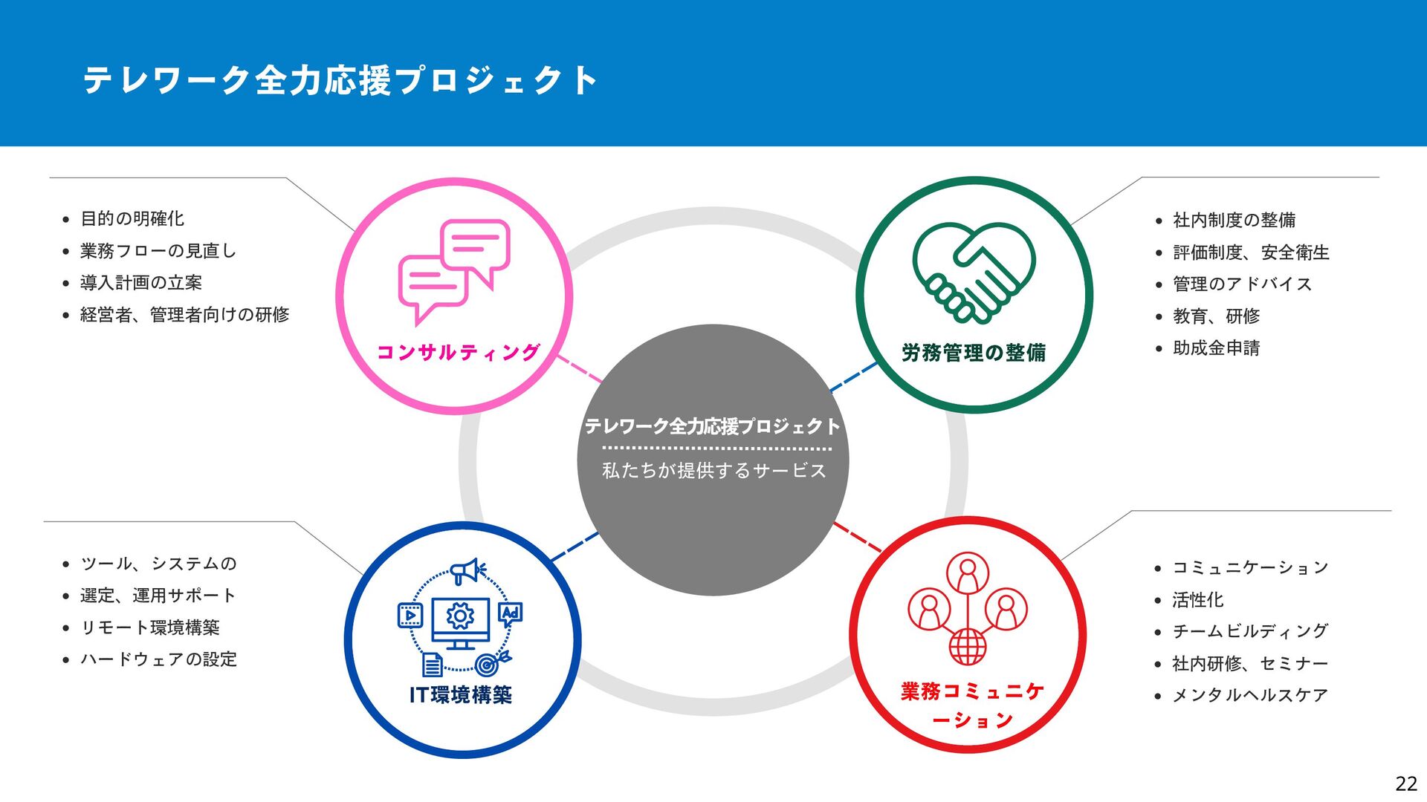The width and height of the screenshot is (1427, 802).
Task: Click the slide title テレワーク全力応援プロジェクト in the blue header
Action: [340, 80]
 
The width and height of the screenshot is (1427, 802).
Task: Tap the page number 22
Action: [1405, 783]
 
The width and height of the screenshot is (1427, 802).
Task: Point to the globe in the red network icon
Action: [968, 646]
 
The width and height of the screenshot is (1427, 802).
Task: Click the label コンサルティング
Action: [458, 352]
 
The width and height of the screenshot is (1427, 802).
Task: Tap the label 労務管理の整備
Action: [974, 353]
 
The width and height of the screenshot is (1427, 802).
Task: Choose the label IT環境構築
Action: [461, 695]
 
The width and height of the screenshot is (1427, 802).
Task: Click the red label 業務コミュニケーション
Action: [972, 705]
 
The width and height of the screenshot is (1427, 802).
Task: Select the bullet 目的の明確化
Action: [132, 219]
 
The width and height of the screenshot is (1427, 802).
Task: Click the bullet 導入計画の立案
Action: [141, 283]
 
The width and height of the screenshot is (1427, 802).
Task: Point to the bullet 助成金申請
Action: [1216, 348]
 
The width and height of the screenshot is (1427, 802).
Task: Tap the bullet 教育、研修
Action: [1216, 316]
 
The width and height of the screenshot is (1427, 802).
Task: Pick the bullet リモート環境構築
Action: [150, 627]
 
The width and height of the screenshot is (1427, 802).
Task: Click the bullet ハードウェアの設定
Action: [159, 659]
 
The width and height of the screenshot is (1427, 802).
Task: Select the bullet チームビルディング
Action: [1250, 631]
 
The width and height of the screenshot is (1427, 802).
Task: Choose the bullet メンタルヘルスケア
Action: [1250, 695]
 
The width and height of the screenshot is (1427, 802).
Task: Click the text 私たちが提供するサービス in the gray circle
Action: [713, 471]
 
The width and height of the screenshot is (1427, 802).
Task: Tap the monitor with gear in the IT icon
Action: [461, 619]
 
